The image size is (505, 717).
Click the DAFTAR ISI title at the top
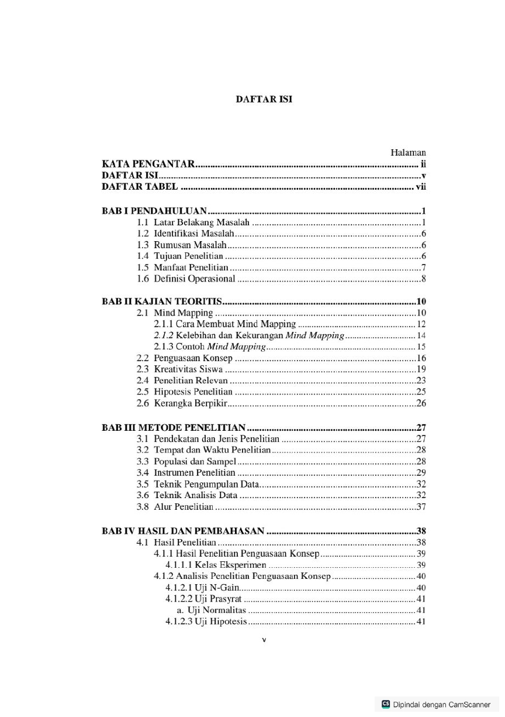click(x=264, y=100)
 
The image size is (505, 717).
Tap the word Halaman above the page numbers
click(x=408, y=153)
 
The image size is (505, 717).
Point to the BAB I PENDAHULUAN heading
click(x=154, y=211)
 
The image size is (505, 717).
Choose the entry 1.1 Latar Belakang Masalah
click(x=193, y=222)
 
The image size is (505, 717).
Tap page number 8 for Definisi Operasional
click(x=423, y=279)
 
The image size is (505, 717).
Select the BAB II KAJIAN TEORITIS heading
click(x=161, y=302)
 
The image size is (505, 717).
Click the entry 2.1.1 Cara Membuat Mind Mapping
click(x=225, y=324)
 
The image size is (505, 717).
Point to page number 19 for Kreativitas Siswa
click(x=421, y=369)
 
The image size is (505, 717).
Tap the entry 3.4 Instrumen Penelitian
click(x=186, y=472)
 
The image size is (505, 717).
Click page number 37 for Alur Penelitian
click(x=421, y=506)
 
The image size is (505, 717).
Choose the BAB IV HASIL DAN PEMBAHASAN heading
click(x=183, y=531)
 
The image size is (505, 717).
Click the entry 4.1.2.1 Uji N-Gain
click(x=202, y=588)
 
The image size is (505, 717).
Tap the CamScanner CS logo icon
click(x=386, y=704)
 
